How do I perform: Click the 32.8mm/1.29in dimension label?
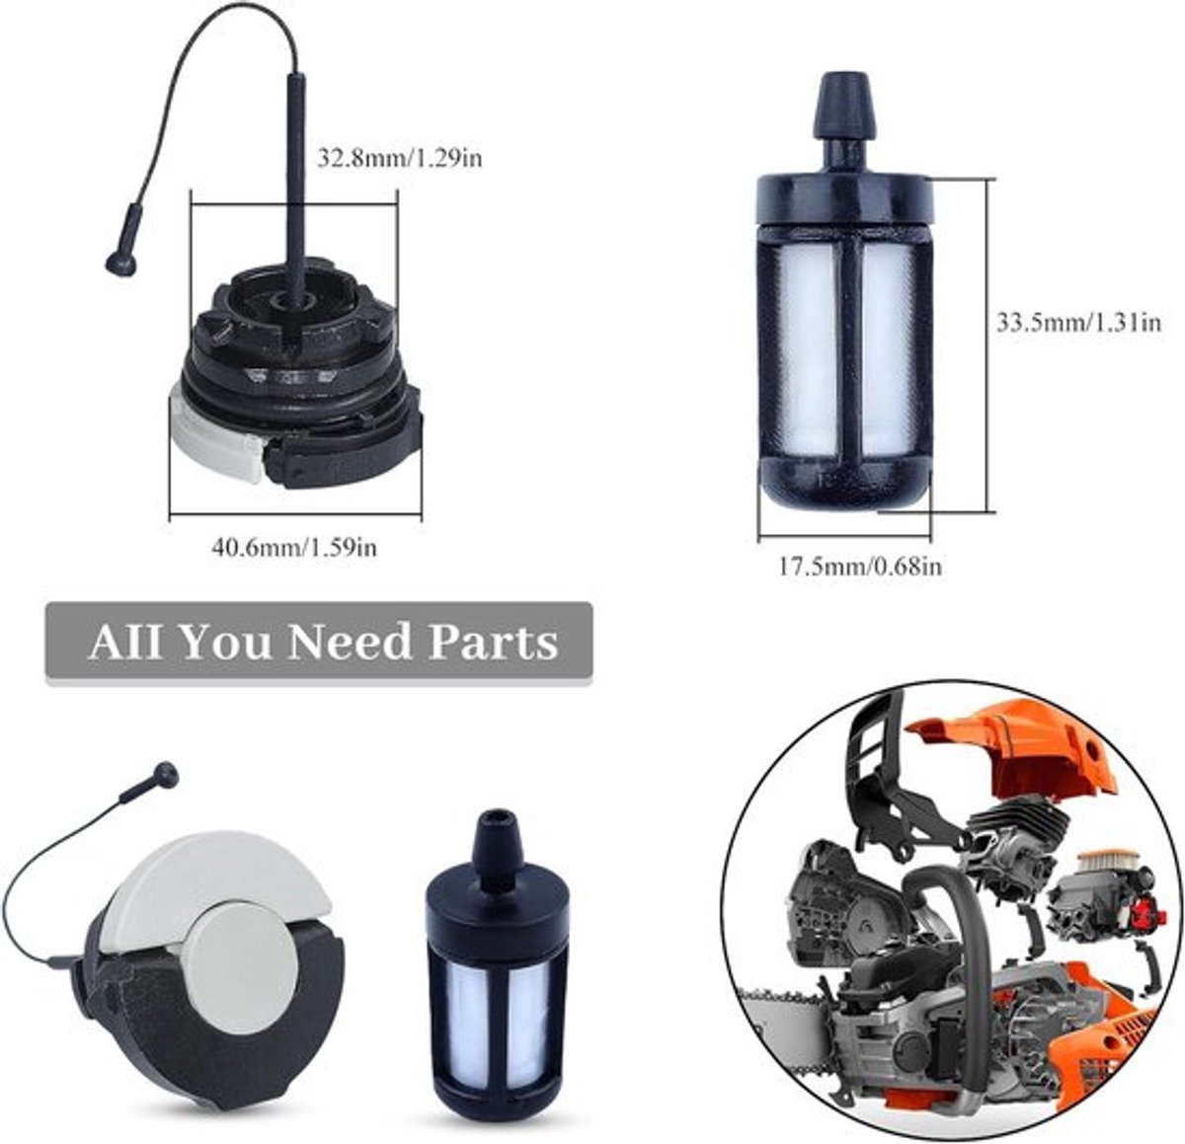[400, 158]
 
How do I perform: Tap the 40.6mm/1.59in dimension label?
[294, 547]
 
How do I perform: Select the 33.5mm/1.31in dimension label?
[1078, 322]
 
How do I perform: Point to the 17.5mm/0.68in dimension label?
[860, 567]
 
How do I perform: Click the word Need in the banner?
[349, 643]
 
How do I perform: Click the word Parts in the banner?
[493, 643]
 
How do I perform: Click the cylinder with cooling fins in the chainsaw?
[1018, 828]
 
